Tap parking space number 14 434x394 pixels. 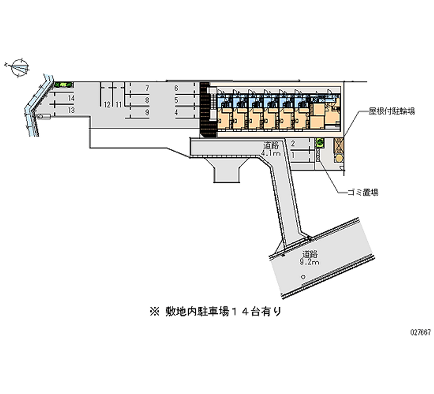coord(71,98)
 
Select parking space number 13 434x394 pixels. coord(71,110)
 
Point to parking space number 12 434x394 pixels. coord(108,104)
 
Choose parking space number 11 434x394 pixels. coord(118,104)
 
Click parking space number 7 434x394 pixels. coord(148,88)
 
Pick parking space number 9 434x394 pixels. coord(148,112)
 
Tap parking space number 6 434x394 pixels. coord(176,88)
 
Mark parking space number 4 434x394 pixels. coord(176,112)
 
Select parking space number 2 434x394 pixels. coord(293,144)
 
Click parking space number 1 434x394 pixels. coord(293,156)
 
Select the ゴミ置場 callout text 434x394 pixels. coord(363,192)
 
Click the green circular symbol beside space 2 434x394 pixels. coord(320,143)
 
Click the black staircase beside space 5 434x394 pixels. coord(204,108)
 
